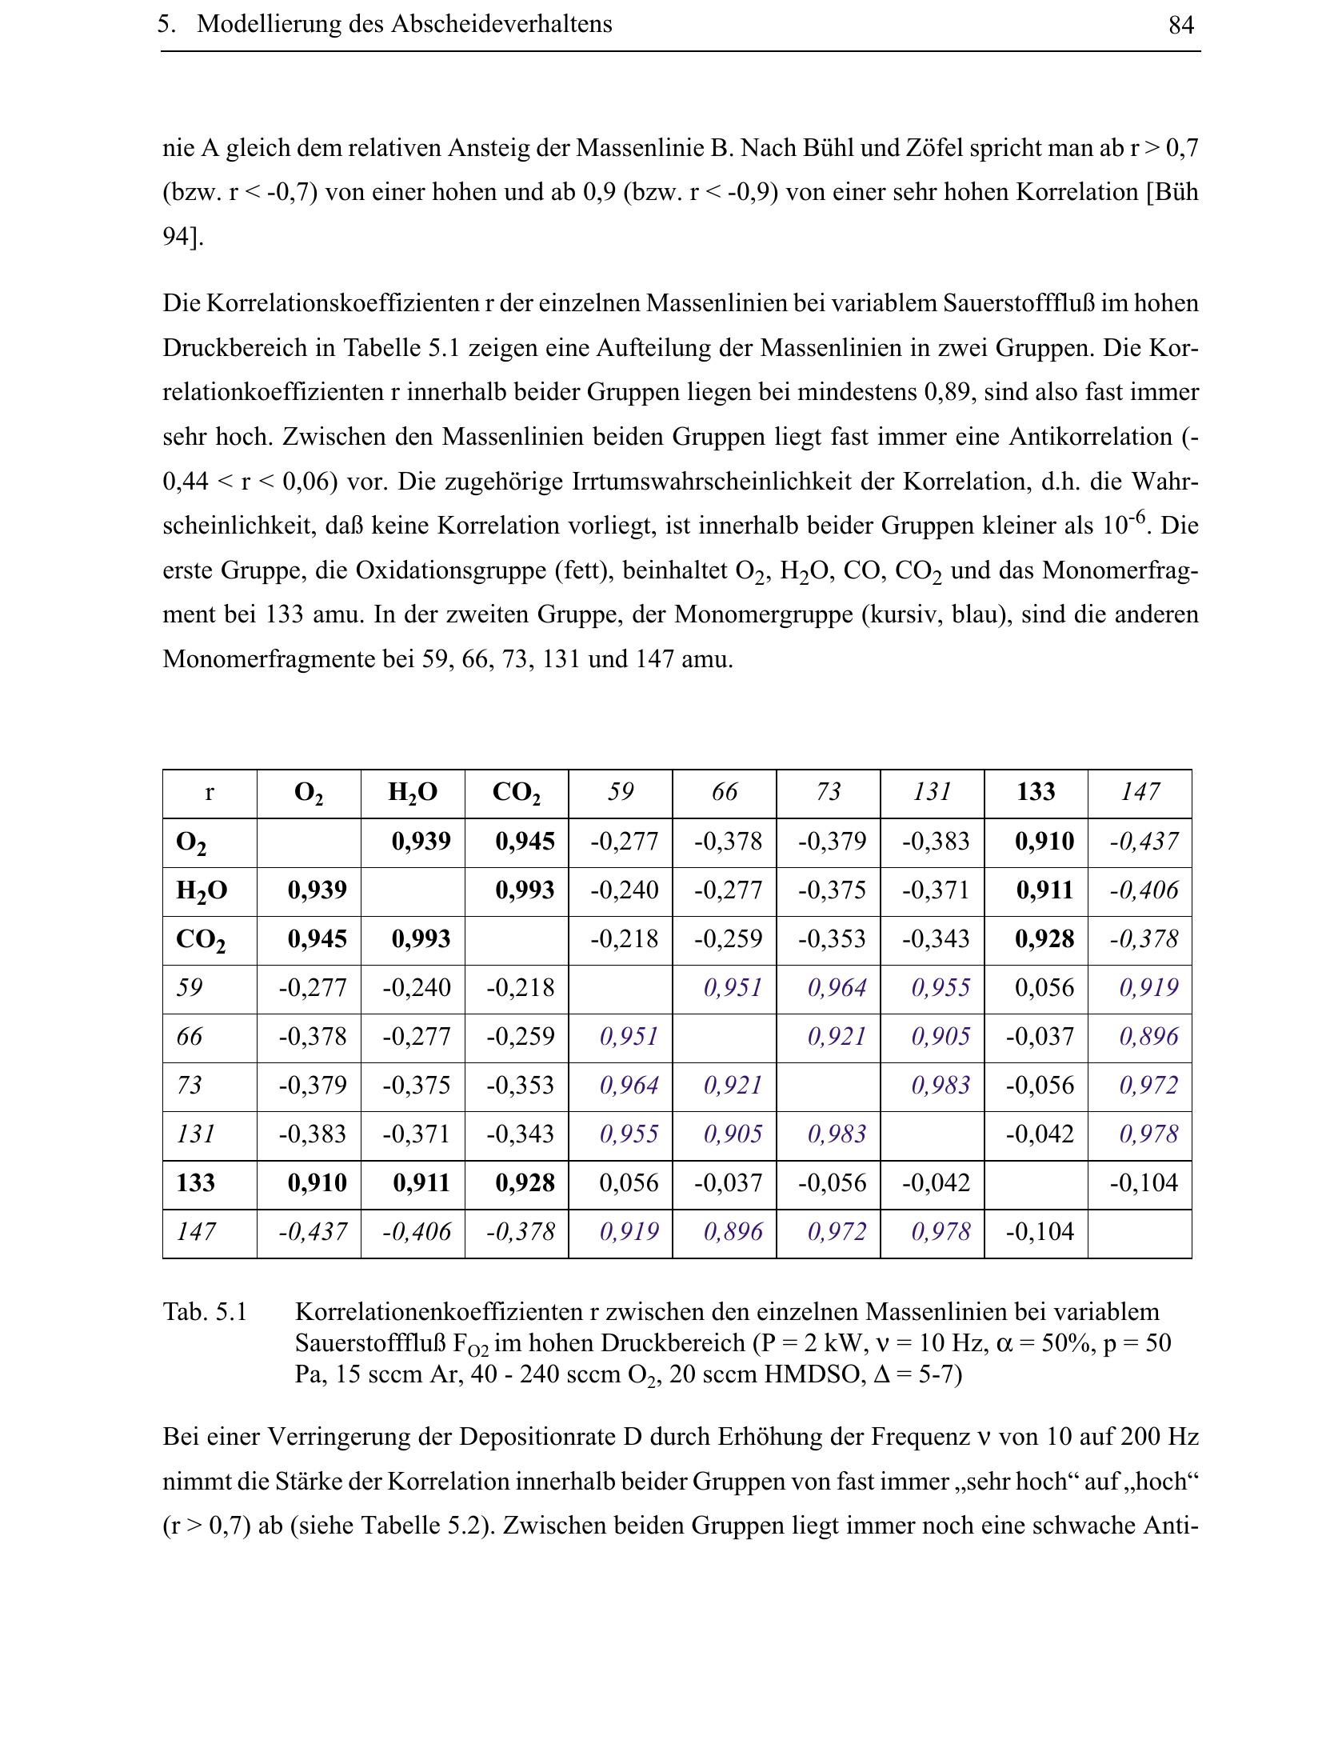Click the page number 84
pos(1180,26)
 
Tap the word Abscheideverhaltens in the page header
pos(501,24)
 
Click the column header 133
pos(1036,792)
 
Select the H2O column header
pos(412,792)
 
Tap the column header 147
pos(1140,792)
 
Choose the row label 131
pos(195,1134)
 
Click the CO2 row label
pos(200,939)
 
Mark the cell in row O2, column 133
pos(1044,842)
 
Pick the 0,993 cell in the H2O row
pos(525,890)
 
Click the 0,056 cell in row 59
pos(1044,988)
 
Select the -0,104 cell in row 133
pos(1144,1183)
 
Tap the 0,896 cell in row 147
pos(733,1232)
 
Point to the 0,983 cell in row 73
pos(941,1086)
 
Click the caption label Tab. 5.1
pos(205,1312)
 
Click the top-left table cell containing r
pos(210,792)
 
